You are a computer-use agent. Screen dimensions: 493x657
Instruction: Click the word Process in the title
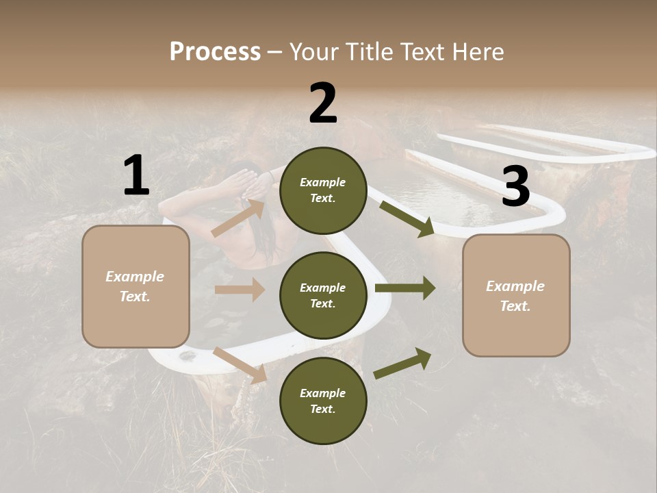215,52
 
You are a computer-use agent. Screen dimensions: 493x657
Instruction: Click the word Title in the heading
366,52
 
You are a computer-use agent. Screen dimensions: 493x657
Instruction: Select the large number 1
136,176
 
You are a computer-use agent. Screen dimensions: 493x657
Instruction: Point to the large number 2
323,104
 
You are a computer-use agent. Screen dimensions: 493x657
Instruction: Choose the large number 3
515,187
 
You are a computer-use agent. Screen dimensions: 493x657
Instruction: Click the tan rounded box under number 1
136,286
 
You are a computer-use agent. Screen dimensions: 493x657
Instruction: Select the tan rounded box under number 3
516,296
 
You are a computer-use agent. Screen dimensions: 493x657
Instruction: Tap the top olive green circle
323,190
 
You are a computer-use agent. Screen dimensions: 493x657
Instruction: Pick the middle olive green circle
323,295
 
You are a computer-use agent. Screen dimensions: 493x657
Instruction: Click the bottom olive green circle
323,401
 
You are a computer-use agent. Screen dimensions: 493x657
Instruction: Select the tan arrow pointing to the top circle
238,218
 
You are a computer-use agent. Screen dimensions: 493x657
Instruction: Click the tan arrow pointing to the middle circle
240,290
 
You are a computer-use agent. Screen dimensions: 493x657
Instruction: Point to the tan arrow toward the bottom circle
240,365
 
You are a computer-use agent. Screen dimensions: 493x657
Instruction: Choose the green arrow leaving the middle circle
405,288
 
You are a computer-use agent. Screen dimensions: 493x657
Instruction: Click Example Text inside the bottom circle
323,401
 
